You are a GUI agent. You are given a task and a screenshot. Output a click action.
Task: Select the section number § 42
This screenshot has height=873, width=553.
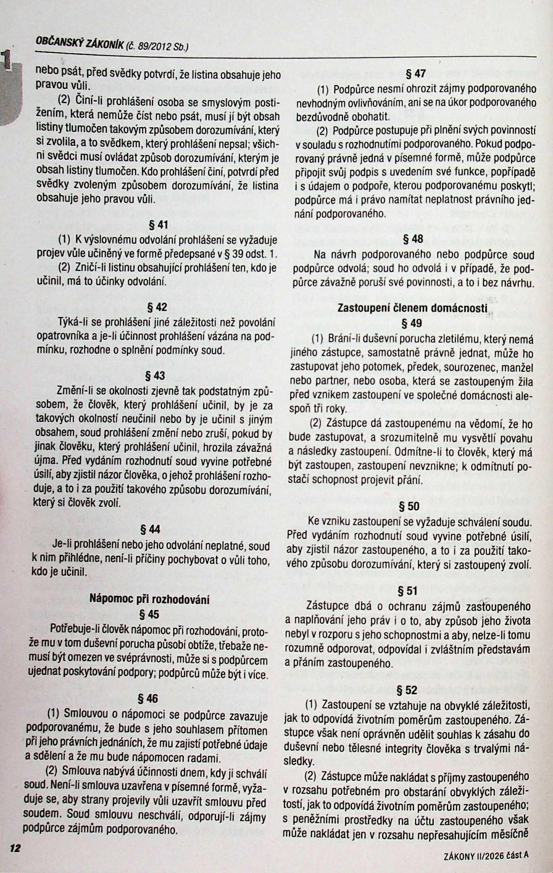(x=158, y=307)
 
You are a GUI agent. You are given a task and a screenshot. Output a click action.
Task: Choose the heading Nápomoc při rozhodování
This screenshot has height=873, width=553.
(x=149, y=599)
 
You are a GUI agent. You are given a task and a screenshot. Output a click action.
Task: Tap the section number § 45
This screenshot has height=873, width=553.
(x=149, y=614)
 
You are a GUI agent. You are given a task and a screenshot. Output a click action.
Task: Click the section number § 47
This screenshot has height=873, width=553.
(x=415, y=73)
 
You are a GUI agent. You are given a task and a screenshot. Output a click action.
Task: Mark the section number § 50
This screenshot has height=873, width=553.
(x=409, y=506)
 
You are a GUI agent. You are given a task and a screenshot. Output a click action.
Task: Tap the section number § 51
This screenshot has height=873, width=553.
(x=408, y=591)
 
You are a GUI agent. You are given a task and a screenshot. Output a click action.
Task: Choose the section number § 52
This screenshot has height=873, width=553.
(x=407, y=690)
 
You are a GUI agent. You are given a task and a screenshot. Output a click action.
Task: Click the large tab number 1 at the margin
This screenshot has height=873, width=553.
(x=6, y=60)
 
